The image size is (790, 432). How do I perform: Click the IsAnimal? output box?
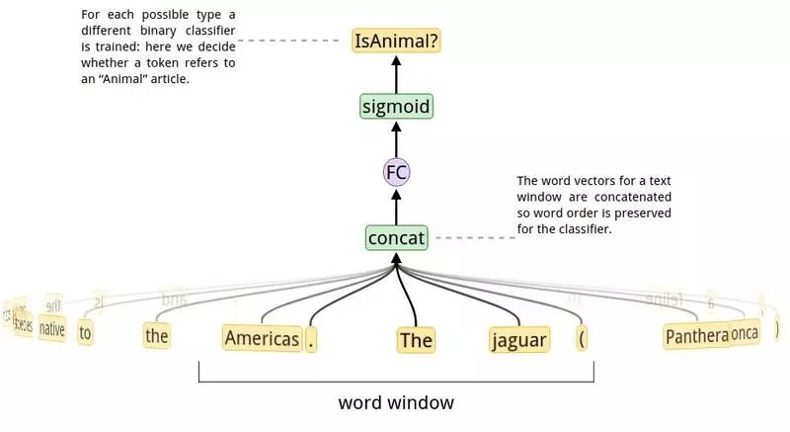point(396,42)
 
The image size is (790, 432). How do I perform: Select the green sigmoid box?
point(396,106)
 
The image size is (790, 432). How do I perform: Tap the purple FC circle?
point(396,172)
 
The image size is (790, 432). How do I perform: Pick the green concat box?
point(396,238)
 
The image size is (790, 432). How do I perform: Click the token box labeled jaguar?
point(518,340)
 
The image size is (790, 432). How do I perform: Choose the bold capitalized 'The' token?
point(416,341)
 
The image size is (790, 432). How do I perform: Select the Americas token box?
point(262,338)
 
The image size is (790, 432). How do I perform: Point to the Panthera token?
point(696,336)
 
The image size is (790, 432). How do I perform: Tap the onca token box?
point(745,333)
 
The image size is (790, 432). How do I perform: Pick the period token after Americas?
point(312,340)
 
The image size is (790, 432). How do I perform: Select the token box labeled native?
point(52,330)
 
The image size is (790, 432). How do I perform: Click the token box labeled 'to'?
point(85,333)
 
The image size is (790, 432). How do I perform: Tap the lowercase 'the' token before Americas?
point(157,335)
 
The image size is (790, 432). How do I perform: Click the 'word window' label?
point(396,403)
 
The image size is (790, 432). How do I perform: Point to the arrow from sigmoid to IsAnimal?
point(396,73)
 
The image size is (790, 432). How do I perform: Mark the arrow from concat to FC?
point(396,206)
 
